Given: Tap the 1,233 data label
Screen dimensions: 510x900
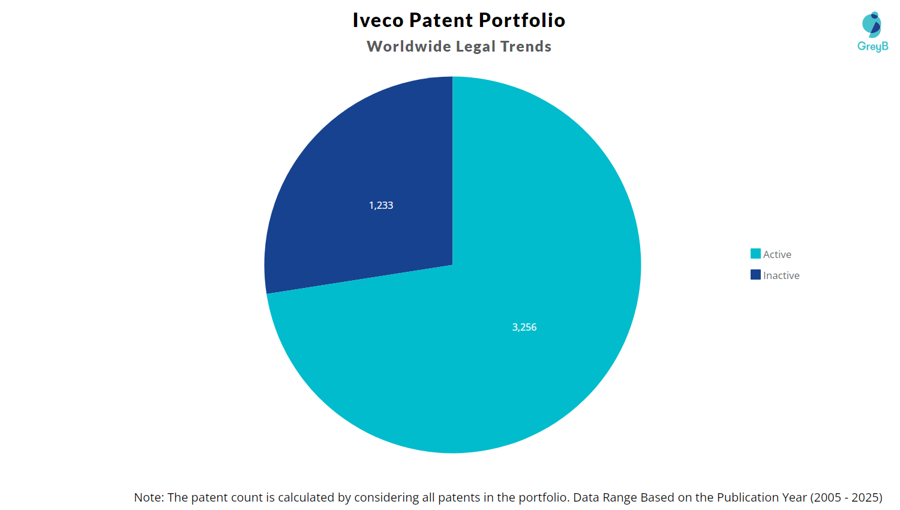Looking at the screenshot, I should pos(381,205).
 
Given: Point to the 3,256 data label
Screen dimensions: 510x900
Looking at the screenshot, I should pos(524,327).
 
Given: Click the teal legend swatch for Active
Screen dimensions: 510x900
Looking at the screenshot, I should pos(755,254).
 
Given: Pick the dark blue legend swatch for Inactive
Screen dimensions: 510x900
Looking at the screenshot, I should pos(755,275).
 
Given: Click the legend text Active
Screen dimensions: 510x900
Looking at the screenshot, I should pos(777,254).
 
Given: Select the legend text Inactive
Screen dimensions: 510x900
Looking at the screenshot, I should pos(781,275).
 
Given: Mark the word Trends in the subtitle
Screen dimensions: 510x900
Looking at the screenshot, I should pos(526,47).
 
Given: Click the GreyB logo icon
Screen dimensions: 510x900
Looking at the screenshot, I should pos(872,25).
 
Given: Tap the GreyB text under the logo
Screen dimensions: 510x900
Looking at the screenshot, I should pos(872,46).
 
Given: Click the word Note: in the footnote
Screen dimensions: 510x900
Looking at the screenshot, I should pos(148,497).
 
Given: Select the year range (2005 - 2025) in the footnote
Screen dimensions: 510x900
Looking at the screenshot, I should pos(846,497).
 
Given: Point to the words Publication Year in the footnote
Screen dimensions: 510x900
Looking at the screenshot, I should pos(762,497).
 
